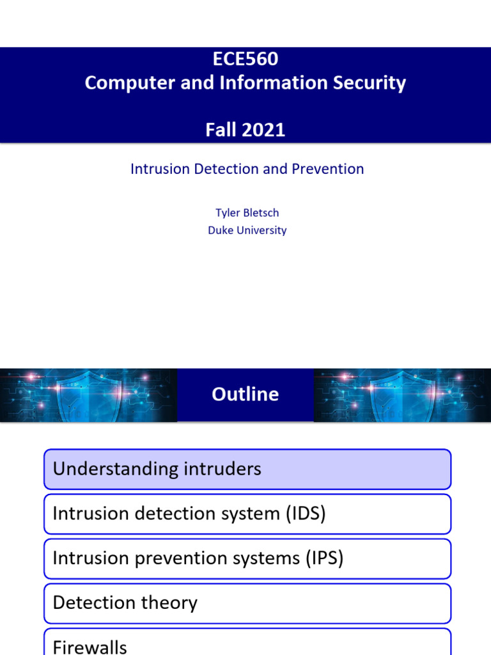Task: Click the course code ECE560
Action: (245, 59)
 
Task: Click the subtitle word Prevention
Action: (328, 169)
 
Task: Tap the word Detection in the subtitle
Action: (231, 169)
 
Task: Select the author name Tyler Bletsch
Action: (247, 213)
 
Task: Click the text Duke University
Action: (247, 230)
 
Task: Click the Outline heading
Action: (245, 394)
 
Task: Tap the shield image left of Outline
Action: (88, 395)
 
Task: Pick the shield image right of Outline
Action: (402, 395)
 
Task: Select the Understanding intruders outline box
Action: (247, 469)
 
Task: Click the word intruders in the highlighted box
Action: (222, 469)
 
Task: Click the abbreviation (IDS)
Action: (306, 514)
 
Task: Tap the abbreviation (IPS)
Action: (324, 558)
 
